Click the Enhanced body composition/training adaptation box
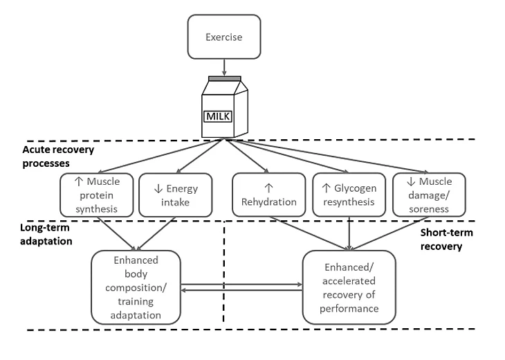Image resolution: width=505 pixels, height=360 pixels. point(136,287)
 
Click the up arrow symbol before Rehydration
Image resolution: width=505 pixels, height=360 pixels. point(269,186)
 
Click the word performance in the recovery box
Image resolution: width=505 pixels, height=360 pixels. point(350,308)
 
